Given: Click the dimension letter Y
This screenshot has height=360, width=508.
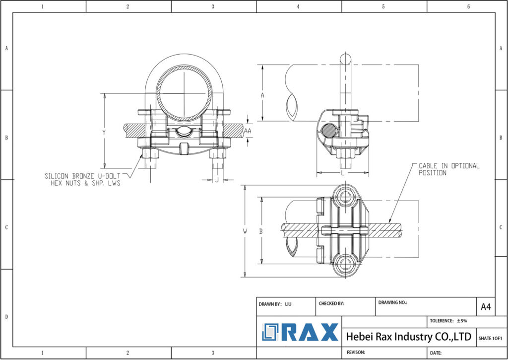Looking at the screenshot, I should [104, 132].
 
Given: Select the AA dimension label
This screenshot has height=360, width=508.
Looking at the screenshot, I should [248, 130].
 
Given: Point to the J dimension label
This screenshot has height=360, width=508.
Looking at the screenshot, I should [217, 180].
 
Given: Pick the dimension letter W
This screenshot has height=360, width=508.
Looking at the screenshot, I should [245, 231].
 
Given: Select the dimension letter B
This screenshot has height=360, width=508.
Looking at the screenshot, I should [261, 231].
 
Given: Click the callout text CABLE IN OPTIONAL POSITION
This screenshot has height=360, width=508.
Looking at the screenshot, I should [449, 169].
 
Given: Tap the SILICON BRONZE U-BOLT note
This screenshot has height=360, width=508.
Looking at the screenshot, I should [83, 179].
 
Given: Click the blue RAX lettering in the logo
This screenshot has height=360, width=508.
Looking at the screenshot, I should [310, 332].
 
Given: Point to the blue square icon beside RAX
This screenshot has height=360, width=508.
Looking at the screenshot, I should [271, 332].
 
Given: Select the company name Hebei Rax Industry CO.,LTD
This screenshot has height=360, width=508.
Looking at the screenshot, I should [408, 337].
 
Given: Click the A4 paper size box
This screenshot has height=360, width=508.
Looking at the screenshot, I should [485, 307].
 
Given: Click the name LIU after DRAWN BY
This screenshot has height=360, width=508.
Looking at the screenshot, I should [288, 303].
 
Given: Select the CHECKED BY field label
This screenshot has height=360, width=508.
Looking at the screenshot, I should [331, 303].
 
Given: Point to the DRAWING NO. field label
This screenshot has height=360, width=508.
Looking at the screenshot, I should [392, 302].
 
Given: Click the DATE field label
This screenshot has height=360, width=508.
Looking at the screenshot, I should [436, 353].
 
